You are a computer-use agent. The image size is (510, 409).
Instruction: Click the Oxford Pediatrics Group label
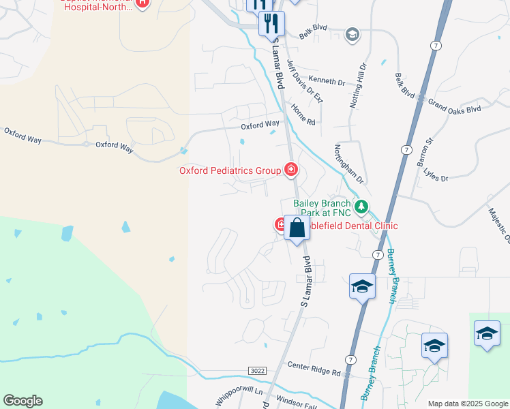(x=230, y=170)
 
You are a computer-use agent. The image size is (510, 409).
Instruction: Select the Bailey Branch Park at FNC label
(x=322, y=209)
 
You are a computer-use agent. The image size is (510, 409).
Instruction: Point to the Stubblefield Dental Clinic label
(x=353, y=226)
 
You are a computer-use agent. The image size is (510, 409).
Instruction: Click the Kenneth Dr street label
(x=327, y=81)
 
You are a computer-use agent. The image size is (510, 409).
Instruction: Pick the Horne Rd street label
(x=303, y=114)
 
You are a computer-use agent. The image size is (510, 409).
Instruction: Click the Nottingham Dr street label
(x=349, y=164)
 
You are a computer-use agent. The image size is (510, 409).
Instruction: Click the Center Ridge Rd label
(x=313, y=372)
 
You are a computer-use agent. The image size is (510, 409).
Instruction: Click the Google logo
(x=22, y=401)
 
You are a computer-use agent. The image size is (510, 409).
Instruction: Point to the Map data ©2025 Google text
(x=467, y=403)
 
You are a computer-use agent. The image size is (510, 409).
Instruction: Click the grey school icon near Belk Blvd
(x=352, y=35)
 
